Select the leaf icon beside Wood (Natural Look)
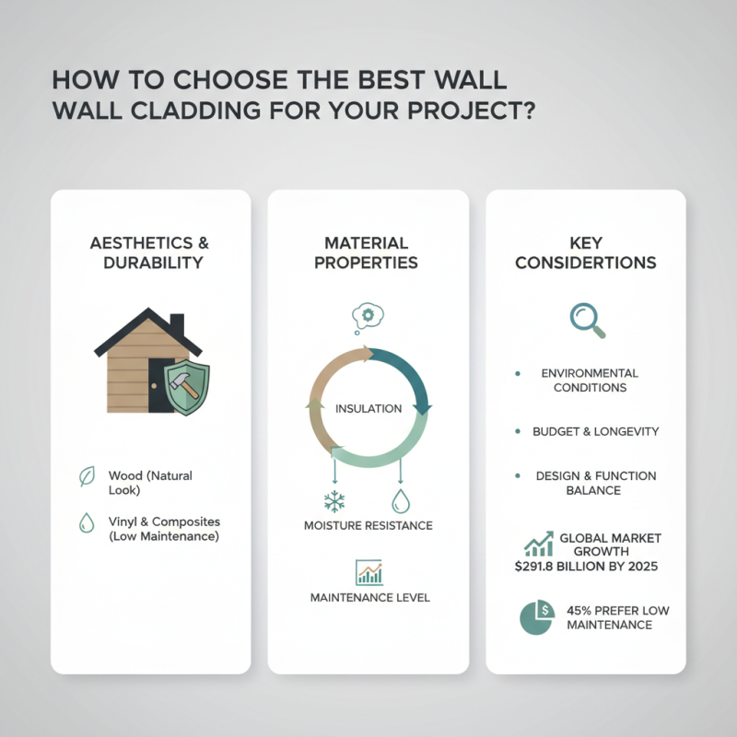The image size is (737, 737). click(x=87, y=476)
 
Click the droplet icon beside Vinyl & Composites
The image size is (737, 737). click(x=87, y=522)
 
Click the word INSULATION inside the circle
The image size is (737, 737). click(x=368, y=408)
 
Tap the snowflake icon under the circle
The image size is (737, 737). click(x=334, y=502)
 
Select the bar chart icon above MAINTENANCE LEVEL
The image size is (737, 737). click(x=368, y=572)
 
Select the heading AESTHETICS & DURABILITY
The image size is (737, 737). click(x=150, y=253)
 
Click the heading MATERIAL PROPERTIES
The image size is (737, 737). click(x=367, y=253)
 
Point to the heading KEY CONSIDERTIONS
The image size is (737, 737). click(x=586, y=253)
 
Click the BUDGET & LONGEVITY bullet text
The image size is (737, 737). click(x=595, y=431)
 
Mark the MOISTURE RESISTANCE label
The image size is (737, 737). click(x=368, y=526)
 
